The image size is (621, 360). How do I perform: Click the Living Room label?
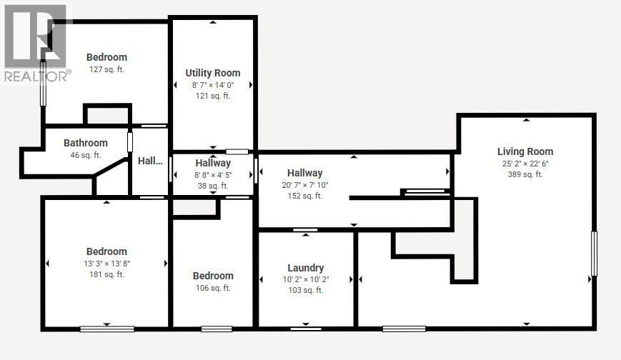click(x=525, y=151)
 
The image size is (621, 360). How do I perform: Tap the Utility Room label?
click(x=212, y=73)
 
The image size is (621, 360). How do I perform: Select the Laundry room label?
click(x=306, y=268)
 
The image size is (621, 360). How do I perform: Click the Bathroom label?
click(x=85, y=143)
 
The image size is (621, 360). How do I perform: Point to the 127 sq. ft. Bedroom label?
click(x=106, y=57)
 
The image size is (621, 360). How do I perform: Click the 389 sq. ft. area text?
click(x=525, y=174)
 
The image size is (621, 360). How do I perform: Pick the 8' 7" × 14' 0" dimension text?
click(x=212, y=85)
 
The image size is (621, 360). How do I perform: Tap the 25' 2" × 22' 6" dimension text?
click(x=525, y=163)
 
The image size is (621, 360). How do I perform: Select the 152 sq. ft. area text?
click(x=305, y=196)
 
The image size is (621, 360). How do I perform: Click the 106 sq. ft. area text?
click(x=213, y=288)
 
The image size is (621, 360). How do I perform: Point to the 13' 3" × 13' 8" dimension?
click(x=106, y=263)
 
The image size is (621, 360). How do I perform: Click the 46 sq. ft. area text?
click(x=85, y=155)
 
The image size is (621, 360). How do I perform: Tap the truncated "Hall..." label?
click(x=150, y=161)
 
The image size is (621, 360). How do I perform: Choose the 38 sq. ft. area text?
click(x=213, y=186)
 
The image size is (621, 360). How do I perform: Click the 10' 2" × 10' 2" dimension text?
click(x=306, y=279)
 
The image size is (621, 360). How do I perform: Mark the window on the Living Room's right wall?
click(x=594, y=253)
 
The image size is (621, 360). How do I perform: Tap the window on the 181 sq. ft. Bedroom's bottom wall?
click(x=106, y=329)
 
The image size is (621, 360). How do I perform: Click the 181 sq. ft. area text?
click(x=106, y=274)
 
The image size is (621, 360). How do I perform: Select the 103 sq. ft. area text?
click(x=306, y=290)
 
